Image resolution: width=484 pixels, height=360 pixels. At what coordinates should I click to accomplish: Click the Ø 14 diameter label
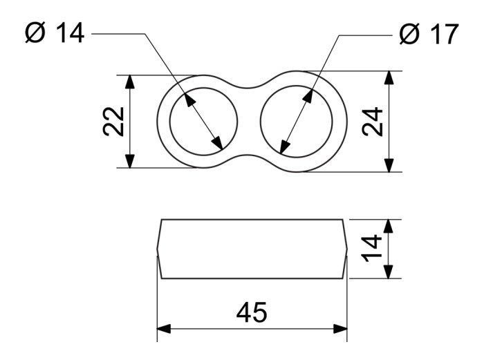click(x=55, y=33)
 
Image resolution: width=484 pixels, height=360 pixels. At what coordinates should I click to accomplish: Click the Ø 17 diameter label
click(x=429, y=34)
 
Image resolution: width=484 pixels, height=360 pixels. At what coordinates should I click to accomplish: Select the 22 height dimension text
click(x=113, y=122)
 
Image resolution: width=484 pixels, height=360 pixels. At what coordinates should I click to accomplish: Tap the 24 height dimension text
click(x=372, y=122)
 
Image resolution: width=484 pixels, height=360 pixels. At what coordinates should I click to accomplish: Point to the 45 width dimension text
click(x=252, y=312)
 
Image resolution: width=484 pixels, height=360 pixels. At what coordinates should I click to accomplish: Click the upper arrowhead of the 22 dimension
click(x=130, y=82)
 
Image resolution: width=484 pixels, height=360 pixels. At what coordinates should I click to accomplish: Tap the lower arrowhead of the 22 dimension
click(x=130, y=160)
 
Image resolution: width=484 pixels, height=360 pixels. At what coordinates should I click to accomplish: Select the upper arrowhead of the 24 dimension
click(x=389, y=78)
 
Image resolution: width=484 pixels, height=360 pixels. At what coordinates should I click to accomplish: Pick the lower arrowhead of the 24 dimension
click(x=389, y=164)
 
